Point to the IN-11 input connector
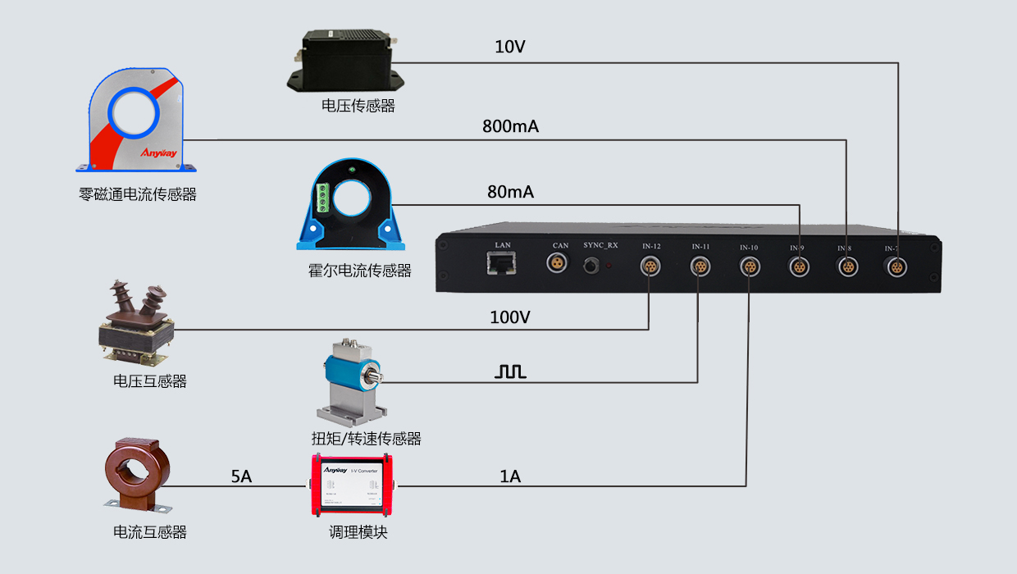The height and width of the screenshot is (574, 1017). pyautogui.click(x=700, y=266)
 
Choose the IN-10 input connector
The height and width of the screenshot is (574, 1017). pyautogui.click(x=749, y=266)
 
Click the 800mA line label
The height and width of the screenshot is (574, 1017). pyautogui.click(x=510, y=127)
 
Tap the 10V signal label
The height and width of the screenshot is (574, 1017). pyautogui.click(x=509, y=47)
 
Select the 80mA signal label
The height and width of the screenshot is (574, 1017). pyautogui.click(x=510, y=193)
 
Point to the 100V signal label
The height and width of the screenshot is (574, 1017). pyautogui.click(x=509, y=317)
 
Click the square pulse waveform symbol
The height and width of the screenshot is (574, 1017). pyautogui.click(x=510, y=371)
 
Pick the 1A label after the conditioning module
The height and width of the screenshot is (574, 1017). pyautogui.click(x=510, y=476)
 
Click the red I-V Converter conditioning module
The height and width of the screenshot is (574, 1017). pyautogui.click(x=353, y=485)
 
